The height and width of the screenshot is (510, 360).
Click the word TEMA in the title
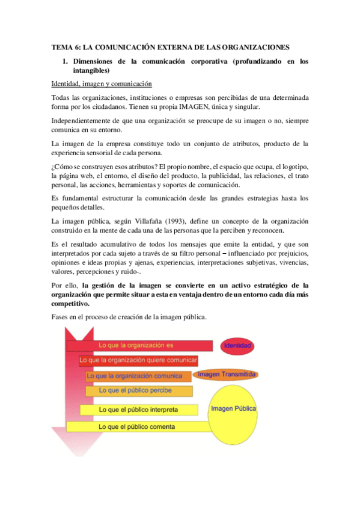(x=60, y=47)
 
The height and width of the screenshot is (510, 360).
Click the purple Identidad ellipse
(x=237, y=346)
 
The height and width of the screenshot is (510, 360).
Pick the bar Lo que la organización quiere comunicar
(x=138, y=360)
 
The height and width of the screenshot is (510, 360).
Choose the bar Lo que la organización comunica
(x=138, y=376)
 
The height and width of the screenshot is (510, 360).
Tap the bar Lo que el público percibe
(x=139, y=391)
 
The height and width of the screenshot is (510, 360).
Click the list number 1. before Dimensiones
(x=66, y=61)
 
